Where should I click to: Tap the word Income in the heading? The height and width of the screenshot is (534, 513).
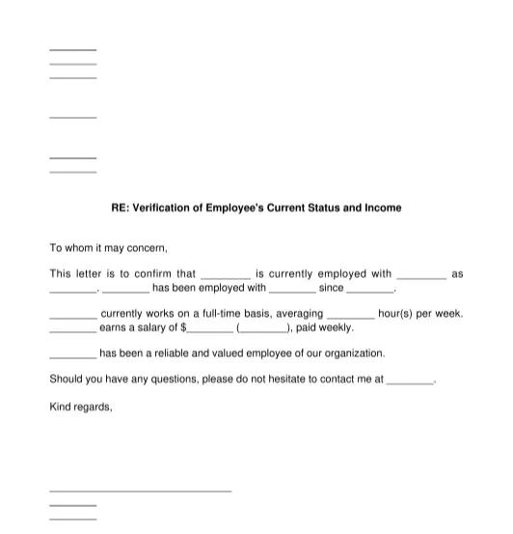pos(383,208)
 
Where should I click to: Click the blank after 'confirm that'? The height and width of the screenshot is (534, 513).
pos(226,275)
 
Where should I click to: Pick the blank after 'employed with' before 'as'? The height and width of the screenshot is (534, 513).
pos(421,275)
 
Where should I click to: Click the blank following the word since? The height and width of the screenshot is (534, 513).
pos(370,289)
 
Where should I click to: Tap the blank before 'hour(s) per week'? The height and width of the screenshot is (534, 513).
pos(351,315)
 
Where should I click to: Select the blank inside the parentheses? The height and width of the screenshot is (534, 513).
pos(262,328)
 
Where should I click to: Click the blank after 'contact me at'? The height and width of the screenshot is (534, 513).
pos(410,381)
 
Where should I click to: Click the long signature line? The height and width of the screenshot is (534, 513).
pos(140,491)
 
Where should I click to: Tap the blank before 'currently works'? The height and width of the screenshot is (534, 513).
pos(72,315)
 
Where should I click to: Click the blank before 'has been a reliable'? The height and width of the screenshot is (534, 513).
pos(72,354)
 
